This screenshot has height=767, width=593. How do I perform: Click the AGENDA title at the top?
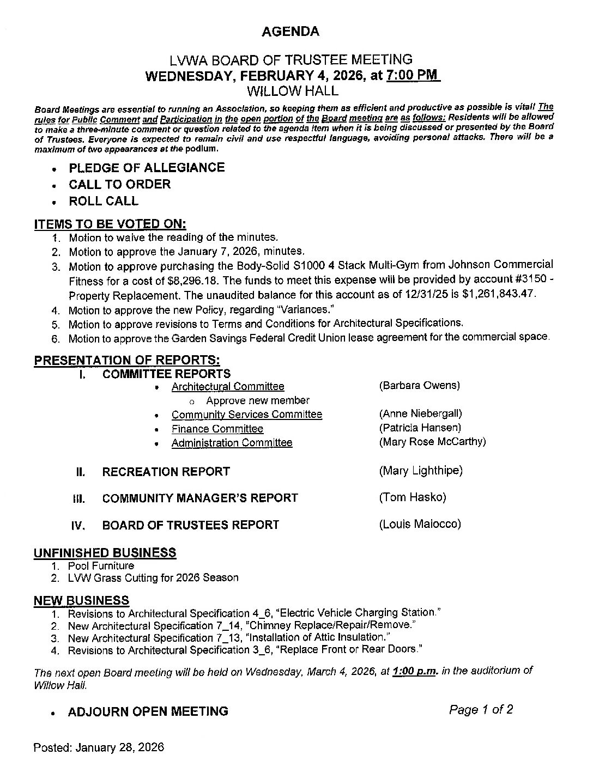(291, 32)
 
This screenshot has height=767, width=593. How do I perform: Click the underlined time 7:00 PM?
(412, 75)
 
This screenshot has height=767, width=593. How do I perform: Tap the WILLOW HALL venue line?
(292, 90)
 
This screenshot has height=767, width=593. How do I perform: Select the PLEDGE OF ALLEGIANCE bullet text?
(147, 168)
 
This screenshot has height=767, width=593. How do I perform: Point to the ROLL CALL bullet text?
(104, 201)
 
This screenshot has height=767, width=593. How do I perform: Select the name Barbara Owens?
(419, 386)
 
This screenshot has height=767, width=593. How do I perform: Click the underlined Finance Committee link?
(217, 429)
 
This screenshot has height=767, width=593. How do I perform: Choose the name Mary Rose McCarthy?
(432, 442)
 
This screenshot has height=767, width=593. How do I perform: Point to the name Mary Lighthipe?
(420, 471)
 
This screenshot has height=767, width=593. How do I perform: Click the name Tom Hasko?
(412, 497)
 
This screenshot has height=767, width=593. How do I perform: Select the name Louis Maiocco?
(420, 524)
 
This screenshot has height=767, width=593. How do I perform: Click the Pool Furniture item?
(101, 566)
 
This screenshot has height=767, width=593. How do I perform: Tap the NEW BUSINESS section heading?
(81, 600)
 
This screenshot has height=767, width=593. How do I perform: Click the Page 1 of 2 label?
(481, 710)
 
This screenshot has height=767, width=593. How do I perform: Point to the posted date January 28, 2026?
(98, 747)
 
